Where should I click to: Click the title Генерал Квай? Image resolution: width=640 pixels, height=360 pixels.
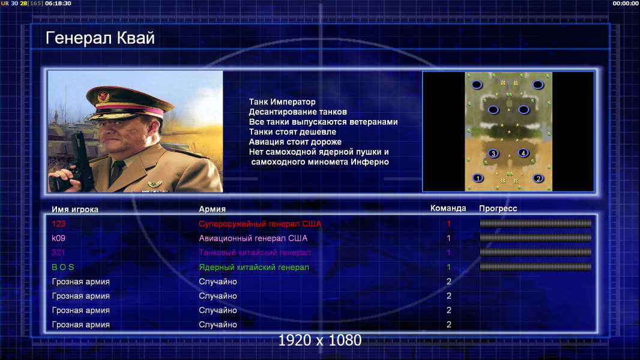100,38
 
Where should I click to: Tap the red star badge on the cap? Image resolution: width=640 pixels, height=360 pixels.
103,97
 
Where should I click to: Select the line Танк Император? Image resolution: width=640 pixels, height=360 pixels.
282,102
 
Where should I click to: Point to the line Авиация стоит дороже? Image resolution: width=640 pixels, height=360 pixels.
295,142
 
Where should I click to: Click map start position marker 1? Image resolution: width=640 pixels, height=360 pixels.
477,178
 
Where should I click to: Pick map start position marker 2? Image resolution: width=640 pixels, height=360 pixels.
539,178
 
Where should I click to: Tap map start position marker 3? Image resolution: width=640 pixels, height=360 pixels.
494,154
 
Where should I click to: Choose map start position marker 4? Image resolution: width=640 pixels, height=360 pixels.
524,153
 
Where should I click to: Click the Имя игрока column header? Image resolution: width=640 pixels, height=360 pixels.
74,209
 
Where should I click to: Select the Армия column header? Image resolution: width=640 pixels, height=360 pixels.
213,209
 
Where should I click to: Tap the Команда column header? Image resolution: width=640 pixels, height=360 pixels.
448,208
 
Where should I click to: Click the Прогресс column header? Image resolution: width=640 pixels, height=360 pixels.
498,208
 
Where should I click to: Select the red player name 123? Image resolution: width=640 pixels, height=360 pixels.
58,223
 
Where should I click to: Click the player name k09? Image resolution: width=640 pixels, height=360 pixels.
58,238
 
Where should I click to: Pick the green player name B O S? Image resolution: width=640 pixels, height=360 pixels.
63,267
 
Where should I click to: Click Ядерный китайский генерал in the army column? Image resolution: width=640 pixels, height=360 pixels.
254,268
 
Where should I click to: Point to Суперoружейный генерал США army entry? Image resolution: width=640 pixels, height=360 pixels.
260,224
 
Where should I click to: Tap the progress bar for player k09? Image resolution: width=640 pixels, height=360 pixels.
536,238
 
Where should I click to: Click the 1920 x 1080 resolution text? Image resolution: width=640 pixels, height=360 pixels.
319,340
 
